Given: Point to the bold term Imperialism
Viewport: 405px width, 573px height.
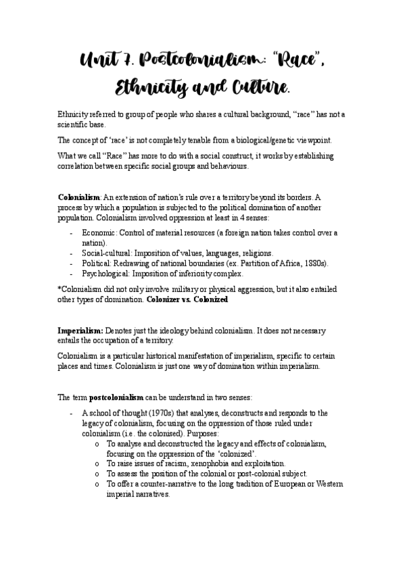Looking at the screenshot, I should [x=80, y=330].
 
